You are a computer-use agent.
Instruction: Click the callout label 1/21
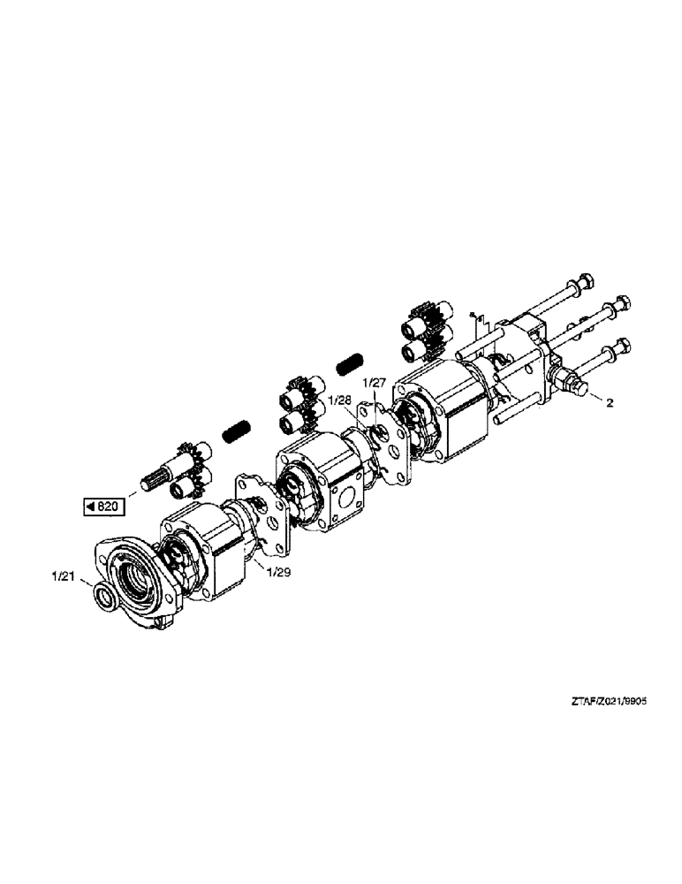click(64, 578)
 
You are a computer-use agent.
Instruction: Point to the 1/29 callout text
click(279, 572)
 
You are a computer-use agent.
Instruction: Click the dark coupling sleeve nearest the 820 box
click(234, 431)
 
